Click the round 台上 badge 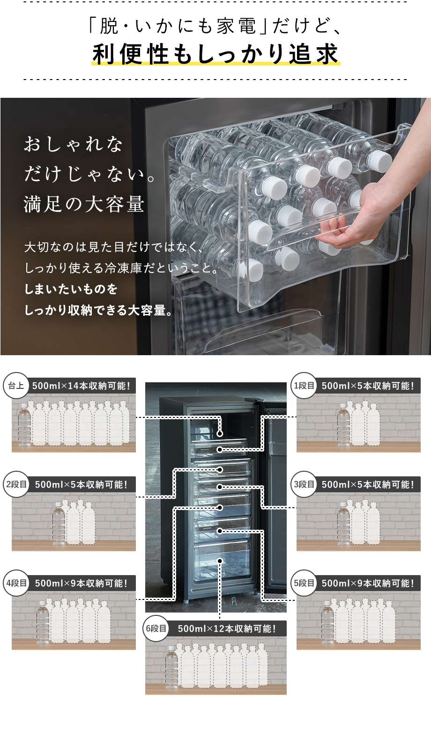(x=16, y=386)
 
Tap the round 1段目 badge (x=304, y=386)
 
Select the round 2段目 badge (x=16, y=484)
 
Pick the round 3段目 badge (x=304, y=484)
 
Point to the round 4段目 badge (x=16, y=583)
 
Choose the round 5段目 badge (x=304, y=583)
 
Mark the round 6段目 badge (x=156, y=628)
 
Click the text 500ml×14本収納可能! (x=81, y=386)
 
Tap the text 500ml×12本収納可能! (x=227, y=629)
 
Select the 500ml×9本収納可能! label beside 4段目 (x=81, y=584)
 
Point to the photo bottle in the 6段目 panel (x=171, y=667)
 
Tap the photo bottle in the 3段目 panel (x=343, y=524)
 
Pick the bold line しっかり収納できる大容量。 (x=99, y=310)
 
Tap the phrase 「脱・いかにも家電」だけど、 (x=215, y=26)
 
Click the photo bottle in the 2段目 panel (x=59, y=524)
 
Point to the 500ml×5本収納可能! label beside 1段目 (x=368, y=386)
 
